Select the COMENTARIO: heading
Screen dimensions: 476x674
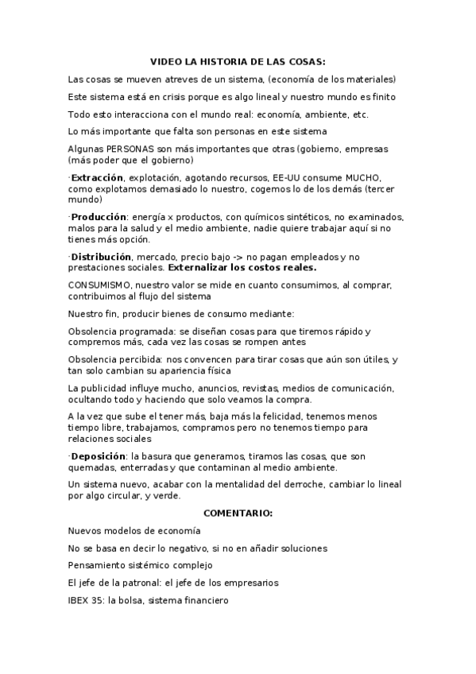point(238,513)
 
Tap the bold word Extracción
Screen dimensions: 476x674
point(98,177)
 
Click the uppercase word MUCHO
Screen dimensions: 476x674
point(362,177)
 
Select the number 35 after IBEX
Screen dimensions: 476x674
point(99,601)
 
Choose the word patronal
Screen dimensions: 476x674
point(140,583)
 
